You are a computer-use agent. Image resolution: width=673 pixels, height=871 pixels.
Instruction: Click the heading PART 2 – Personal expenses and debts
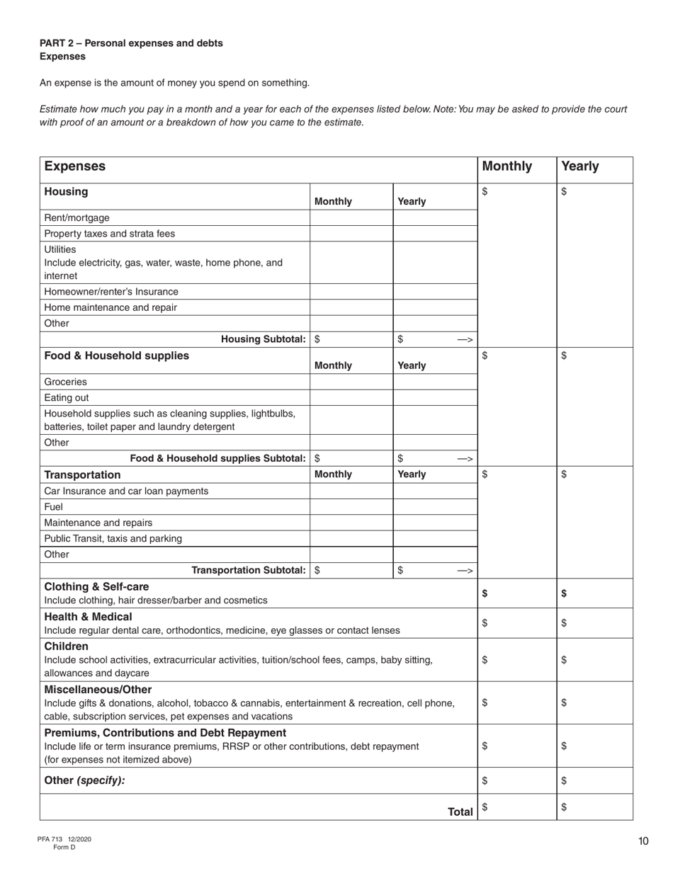click(x=131, y=43)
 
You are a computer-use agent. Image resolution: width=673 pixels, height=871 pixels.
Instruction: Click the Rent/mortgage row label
click(x=77, y=217)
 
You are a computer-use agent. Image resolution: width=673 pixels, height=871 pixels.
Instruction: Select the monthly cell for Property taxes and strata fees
click(x=351, y=234)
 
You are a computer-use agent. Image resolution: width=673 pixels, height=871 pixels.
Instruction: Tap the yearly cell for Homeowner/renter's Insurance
click(x=434, y=292)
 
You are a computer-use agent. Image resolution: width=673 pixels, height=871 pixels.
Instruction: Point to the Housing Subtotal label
click(x=264, y=339)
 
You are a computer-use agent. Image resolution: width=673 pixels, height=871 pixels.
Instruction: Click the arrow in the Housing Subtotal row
click(x=465, y=340)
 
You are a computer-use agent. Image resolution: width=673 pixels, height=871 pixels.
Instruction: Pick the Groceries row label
click(x=66, y=382)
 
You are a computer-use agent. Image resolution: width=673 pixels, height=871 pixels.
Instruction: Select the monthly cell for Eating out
click(x=351, y=397)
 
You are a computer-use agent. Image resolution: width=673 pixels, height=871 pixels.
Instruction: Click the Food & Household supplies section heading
click(x=117, y=355)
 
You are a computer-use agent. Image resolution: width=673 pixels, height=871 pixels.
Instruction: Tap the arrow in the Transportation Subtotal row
click(x=465, y=571)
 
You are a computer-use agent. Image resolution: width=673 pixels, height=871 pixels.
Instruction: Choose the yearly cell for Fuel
click(x=434, y=507)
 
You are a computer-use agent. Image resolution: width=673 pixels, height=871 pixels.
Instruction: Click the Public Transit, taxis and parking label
click(x=113, y=538)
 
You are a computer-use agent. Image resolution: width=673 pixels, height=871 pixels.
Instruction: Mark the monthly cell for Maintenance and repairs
click(x=351, y=523)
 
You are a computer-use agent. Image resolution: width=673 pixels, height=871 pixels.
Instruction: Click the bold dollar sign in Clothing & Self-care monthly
click(x=485, y=594)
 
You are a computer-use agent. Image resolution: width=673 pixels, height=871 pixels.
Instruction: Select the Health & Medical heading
click(x=89, y=617)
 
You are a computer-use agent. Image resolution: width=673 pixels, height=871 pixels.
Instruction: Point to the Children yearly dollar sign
click(x=564, y=660)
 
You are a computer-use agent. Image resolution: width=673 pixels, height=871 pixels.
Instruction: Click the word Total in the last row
click(x=460, y=812)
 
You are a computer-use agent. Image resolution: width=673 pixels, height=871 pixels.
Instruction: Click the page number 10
click(x=643, y=841)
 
